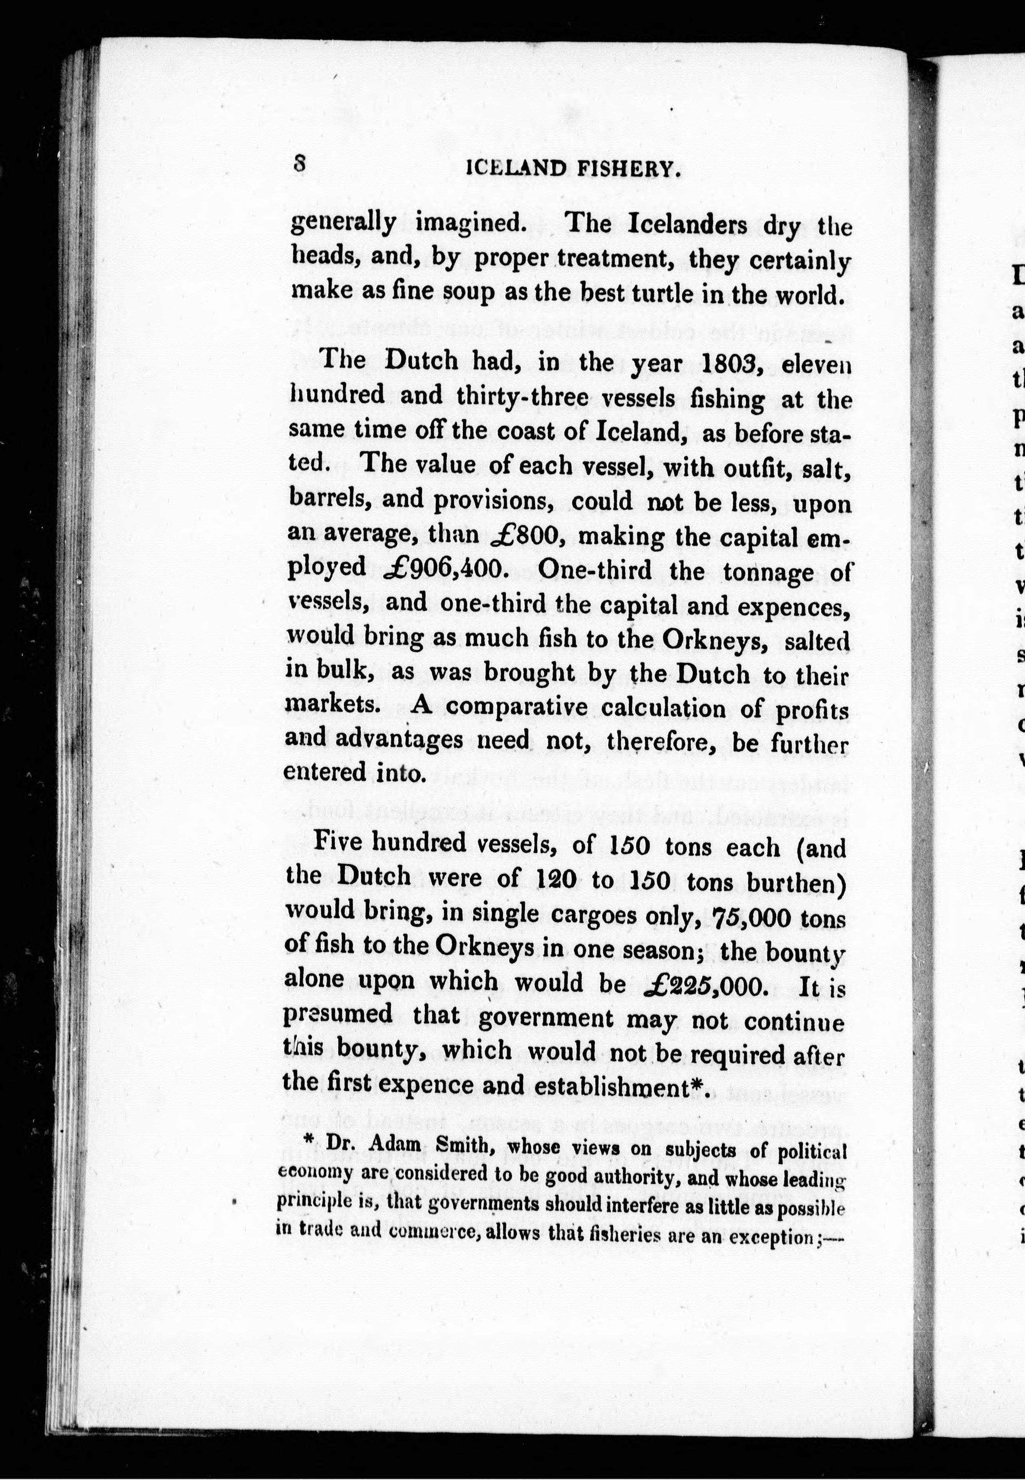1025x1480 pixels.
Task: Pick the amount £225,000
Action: pyautogui.click(x=705, y=985)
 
